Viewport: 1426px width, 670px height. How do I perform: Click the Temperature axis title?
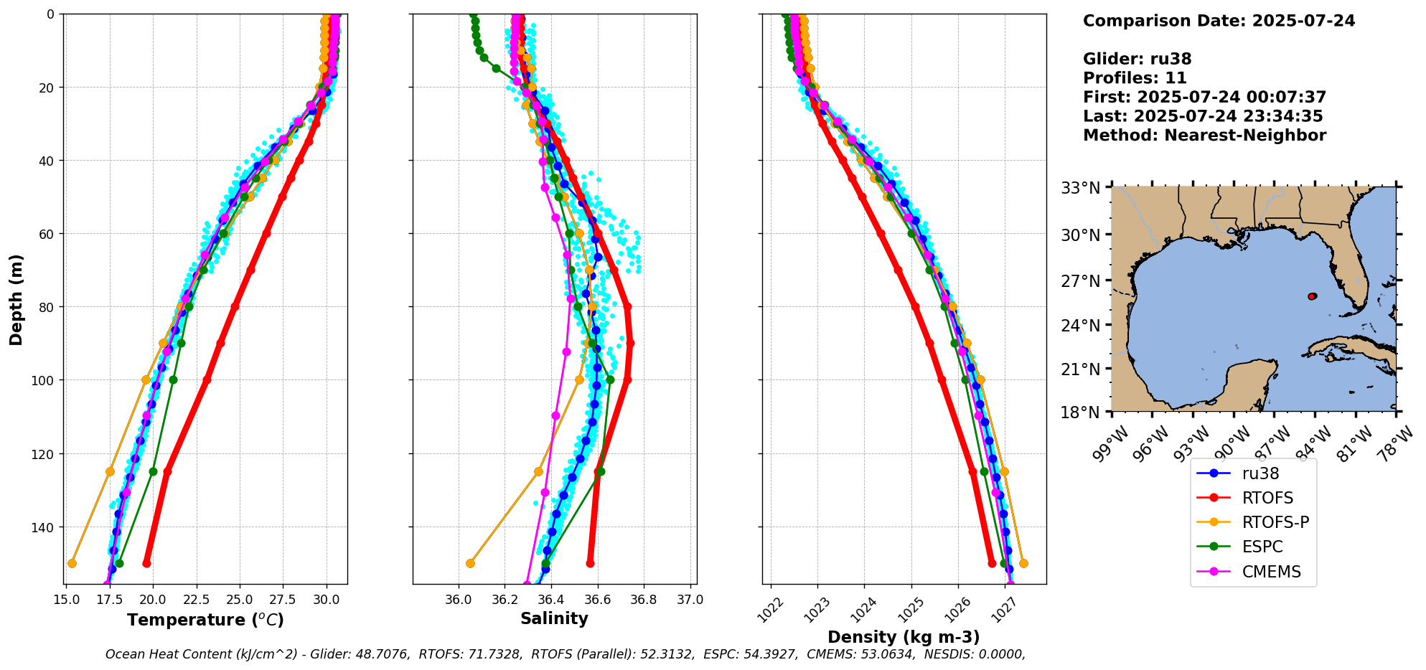click(x=205, y=620)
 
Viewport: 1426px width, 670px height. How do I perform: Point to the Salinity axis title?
click(x=554, y=618)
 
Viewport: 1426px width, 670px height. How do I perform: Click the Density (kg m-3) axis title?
click(x=904, y=637)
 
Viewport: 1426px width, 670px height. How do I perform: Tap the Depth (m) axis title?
click(x=17, y=299)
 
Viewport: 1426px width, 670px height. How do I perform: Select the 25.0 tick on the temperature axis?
click(x=240, y=599)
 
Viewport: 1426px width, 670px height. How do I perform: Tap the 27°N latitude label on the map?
click(x=1081, y=281)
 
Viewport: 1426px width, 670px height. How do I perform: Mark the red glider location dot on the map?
click(x=1312, y=296)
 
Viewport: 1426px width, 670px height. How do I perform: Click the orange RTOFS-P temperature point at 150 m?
click(x=72, y=563)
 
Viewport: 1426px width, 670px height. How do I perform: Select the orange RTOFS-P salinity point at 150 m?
click(x=470, y=563)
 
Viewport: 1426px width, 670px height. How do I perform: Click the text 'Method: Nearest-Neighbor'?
click(x=1204, y=136)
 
